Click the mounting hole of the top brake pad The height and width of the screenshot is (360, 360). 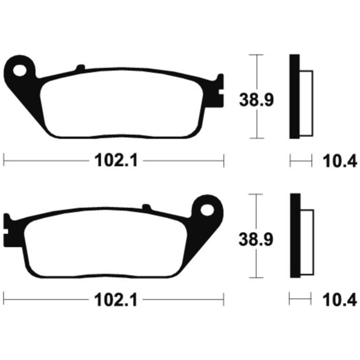(19, 70)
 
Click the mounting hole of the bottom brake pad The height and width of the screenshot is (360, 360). (207, 210)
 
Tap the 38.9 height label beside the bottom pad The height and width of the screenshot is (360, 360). (256, 239)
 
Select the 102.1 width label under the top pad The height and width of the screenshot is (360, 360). (116, 160)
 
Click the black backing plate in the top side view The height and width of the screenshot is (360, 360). (295, 96)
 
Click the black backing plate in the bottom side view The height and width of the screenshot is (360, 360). (295, 236)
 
